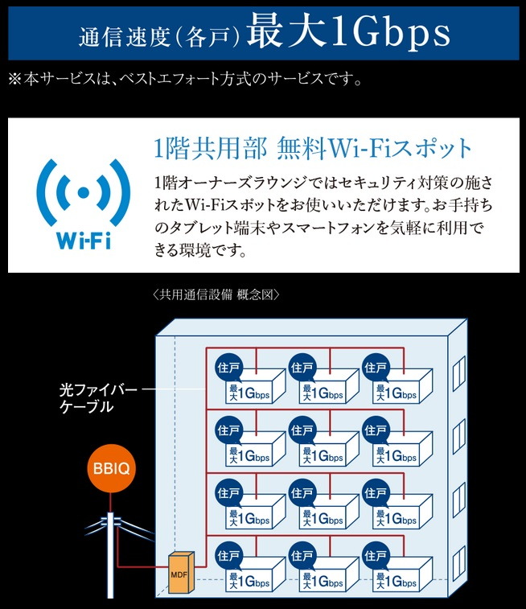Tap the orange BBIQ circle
point(109,467)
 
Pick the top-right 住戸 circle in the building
point(375,368)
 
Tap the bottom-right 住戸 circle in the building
point(375,556)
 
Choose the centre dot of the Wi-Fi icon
point(84,193)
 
